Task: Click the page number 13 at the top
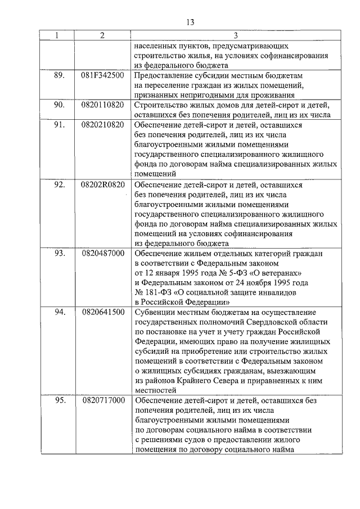tap(190, 22)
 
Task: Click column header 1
tap(58, 35)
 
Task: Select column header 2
tap(102, 35)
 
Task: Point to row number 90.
tap(58, 105)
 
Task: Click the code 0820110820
tap(102, 105)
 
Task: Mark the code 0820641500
tap(102, 312)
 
